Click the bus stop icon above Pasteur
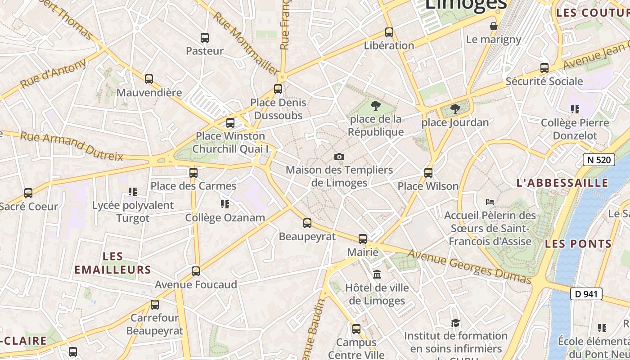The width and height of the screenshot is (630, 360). pyautogui.click(x=205, y=38)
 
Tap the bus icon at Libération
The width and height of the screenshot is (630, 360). pyautogui.click(x=389, y=32)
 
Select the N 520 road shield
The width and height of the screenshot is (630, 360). pyautogui.click(x=598, y=160)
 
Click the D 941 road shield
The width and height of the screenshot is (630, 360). pyautogui.click(x=586, y=294)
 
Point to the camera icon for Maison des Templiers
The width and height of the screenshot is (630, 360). pyautogui.click(x=339, y=157)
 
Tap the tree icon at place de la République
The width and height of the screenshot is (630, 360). pyautogui.click(x=375, y=106)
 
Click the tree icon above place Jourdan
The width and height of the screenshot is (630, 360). pyautogui.click(x=455, y=109)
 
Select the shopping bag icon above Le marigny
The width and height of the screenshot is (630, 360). pyautogui.click(x=494, y=26)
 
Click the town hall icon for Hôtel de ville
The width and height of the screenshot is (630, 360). pyautogui.click(x=377, y=274)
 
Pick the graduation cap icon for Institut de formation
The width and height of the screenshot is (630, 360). pyautogui.click(x=455, y=323)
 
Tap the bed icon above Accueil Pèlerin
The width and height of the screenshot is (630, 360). pyautogui.click(x=490, y=202)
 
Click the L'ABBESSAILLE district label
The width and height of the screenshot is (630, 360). pyautogui.click(x=562, y=183)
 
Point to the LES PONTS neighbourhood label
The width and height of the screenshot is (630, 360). pyautogui.click(x=578, y=244)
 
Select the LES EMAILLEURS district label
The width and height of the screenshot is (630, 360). pyautogui.click(x=112, y=263)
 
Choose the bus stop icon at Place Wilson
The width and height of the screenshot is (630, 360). pyautogui.click(x=428, y=172)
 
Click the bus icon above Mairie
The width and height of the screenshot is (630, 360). pyautogui.click(x=363, y=239)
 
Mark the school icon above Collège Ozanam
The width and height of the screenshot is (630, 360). pyautogui.click(x=225, y=204)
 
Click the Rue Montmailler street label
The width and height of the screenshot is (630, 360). pyautogui.click(x=246, y=43)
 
